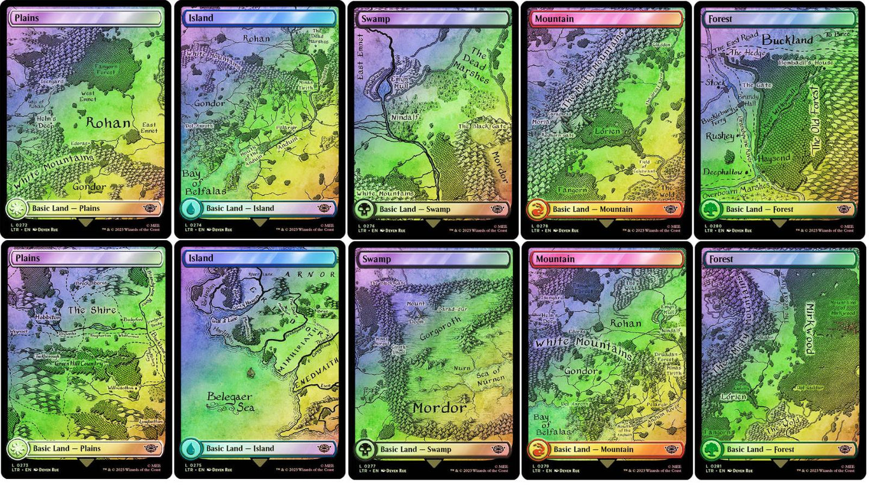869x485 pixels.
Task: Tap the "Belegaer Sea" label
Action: tap(230, 402)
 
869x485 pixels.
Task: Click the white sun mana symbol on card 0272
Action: tap(17, 209)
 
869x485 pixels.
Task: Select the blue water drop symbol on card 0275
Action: tap(190, 449)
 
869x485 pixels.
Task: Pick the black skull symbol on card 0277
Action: tap(364, 449)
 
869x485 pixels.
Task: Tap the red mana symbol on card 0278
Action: tap(537, 209)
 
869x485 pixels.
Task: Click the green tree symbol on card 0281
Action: tap(711, 449)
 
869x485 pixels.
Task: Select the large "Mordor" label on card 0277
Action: tap(439, 408)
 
